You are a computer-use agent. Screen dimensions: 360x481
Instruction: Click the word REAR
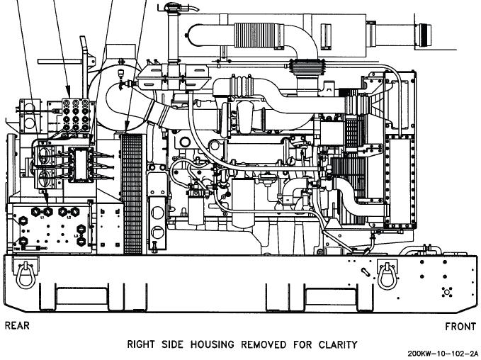[x=18, y=326]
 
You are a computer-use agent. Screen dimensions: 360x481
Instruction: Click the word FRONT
[x=460, y=327]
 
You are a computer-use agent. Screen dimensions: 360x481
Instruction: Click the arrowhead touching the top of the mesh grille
[x=127, y=130]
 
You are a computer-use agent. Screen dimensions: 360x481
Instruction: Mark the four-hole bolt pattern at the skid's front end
[x=446, y=291]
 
